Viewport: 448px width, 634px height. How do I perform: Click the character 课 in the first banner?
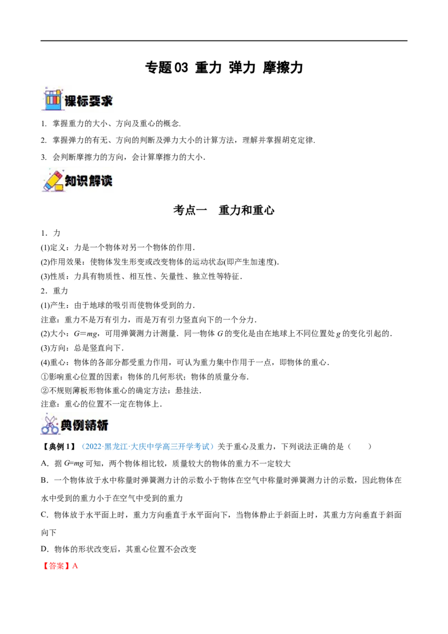tap(71, 101)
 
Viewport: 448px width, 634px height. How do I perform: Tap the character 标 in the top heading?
tap(83, 101)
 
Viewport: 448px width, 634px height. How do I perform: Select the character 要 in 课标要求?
tap(95, 101)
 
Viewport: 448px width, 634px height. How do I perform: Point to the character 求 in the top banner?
tap(106, 101)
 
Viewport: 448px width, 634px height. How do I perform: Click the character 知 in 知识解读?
tap(71, 181)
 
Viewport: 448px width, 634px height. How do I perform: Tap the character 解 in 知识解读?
tap(95, 181)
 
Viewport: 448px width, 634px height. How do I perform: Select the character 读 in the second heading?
tap(106, 181)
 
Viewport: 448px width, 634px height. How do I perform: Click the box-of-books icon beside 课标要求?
tap(52, 100)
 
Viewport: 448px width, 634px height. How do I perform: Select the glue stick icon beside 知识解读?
tap(52, 180)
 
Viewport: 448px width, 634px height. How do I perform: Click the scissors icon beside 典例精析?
tap(49, 425)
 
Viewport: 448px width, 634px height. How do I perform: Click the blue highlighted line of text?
tap(148, 447)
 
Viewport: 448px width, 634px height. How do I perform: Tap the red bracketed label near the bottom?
tap(57, 566)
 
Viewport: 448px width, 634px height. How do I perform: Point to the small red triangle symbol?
tap(76, 566)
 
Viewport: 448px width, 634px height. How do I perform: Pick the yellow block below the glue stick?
tap(59, 187)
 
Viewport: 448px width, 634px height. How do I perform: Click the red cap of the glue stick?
tap(57, 171)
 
